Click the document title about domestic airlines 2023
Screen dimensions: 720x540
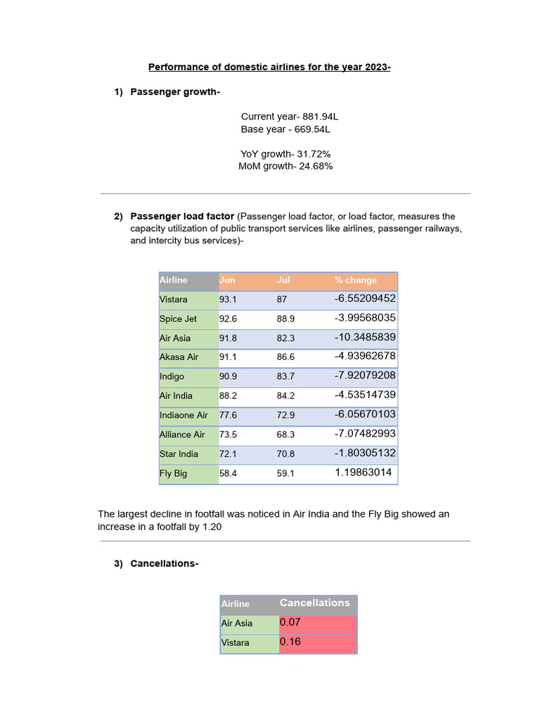pyautogui.click(x=269, y=67)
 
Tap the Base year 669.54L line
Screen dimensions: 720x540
pyautogui.click(x=285, y=129)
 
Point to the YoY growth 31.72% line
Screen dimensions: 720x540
pyautogui.click(x=285, y=154)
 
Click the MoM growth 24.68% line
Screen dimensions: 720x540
pyautogui.click(x=285, y=167)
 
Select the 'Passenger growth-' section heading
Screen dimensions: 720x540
pyautogui.click(x=175, y=92)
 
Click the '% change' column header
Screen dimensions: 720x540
pyautogui.click(x=356, y=280)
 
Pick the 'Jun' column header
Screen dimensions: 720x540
pyautogui.click(x=227, y=280)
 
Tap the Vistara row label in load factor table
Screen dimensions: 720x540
pyautogui.click(x=174, y=300)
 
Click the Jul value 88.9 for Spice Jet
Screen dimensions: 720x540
pyautogui.click(x=285, y=319)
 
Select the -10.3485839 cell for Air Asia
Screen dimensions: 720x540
pyautogui.click(x=365, y=337)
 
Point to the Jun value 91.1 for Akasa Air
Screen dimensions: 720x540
pyautogui.click(x=228, y=357)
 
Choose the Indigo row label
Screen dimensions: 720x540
pyautogui.click(x=172, y=377)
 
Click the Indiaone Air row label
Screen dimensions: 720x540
pyautogui.click(x=184, y=416)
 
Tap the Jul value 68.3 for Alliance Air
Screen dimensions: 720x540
pyautogui.click(x=285, y=435)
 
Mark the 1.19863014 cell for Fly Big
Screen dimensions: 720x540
pyautogui.click(x=364, y=472)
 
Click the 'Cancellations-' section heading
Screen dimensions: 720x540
pyautogui.click(x=165, y=563)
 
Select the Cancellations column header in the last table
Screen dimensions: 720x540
pyautogui.click(x=314, y=603)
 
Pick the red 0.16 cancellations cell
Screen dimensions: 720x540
pyautogui.click(x=290, y=642)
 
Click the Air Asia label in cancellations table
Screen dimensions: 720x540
pyautogui.click(x=237, y=623)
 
